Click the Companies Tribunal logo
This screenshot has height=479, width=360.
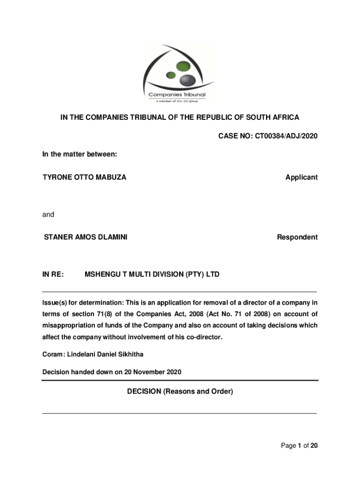[x=180, y=73]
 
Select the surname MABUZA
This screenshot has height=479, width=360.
[x=111, y=177]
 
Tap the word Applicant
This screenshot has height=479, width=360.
[x=302, y=177]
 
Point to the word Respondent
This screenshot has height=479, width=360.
[x=297, y=237]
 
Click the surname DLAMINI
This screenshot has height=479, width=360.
[x=113, y=237]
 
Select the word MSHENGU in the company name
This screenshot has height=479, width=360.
[x=102, y=274]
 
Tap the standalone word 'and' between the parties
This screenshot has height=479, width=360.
[x=48, y=215]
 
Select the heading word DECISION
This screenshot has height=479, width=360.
[x=144, y=392]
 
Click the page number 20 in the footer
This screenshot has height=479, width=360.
[x=314, y=446]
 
